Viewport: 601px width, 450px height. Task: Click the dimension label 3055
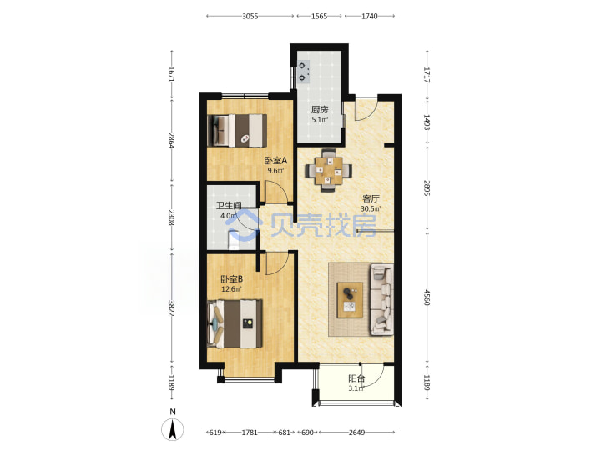(250, 16)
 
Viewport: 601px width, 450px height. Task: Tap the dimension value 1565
(319, 16)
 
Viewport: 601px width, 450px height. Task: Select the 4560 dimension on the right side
(427, 297)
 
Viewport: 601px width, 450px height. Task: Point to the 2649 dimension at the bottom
(356, 432)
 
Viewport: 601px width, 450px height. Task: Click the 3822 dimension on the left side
(172, 308)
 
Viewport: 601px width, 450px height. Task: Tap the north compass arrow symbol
(173, 429)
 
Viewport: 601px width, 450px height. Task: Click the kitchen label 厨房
(320, 110)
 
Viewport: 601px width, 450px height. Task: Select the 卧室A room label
(275, 160)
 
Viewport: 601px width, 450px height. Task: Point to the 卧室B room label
(231, 279)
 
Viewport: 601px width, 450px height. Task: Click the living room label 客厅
(371, 198)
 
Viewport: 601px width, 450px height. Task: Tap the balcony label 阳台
(356, 379)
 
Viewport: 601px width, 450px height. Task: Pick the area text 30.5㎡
(371, 209)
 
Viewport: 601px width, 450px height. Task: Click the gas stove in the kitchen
(304, 72)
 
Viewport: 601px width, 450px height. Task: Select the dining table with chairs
(329, 170)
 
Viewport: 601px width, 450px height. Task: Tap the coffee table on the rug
(350, 300)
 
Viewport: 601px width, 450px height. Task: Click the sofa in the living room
(381, 300)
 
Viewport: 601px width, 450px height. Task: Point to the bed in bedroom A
(237, 131)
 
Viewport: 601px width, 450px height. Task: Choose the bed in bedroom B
(235, 323)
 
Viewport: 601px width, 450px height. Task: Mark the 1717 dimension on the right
(427, 75)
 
